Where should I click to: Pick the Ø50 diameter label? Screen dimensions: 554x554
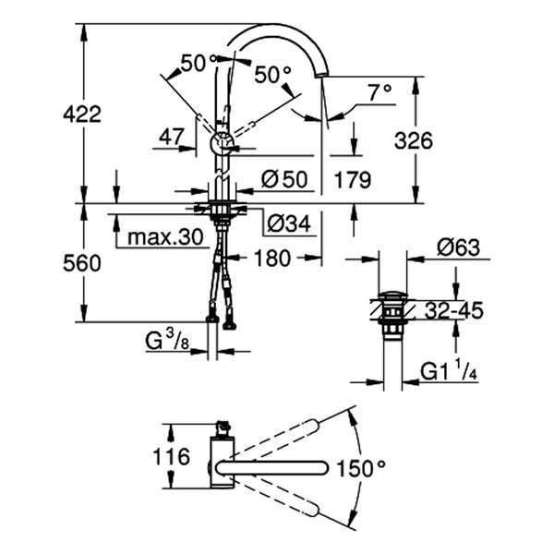click(283, 179)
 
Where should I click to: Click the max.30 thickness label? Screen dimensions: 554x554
click(164, 237)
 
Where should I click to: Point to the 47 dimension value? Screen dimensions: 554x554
click(172, 137)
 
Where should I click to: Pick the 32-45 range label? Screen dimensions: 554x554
click(454, 310)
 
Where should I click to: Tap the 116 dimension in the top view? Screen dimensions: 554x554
click(172, 455)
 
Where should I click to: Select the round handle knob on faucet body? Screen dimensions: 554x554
click(223, 143)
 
